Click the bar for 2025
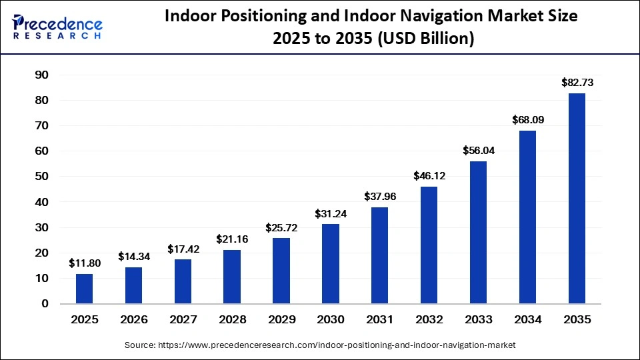pyautogui.click(x=84, y=289)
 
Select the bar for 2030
pyautogui.click(x=331, y=264)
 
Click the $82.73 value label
pyautogui.click(x=577, y=83)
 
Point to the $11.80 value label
pyautogui.click(x=84, y=263)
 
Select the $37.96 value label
pyautogui.click(x=380, y=197)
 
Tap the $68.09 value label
pyautogui.click(x=527, y=121)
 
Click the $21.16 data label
pyautogui.click(x=232, y=239)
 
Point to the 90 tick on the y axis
pyautogui.click(x=41, y=75)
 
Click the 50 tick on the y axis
pyautogui.click(x=41, y=177)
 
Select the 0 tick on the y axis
pyautogui.click(x=45, y=304)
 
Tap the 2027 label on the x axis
pyautogui.click(x=183, y=320)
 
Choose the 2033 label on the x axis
pyautogui.click(x=478, y=320)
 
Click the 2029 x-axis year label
pyautogui.click(x=281, y=320)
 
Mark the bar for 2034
pyautogui.click(x=527, y=217)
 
